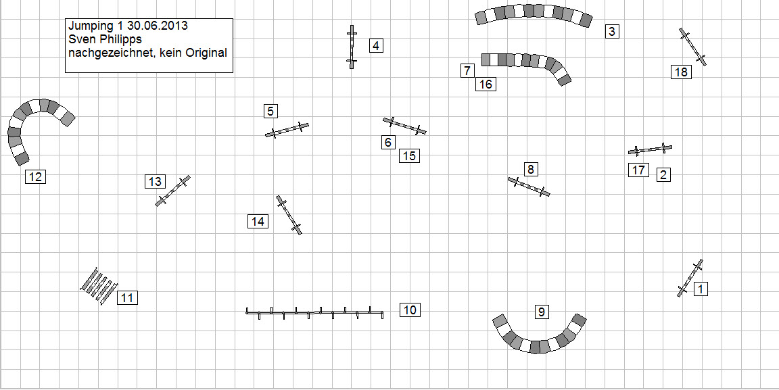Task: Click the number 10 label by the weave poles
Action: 410,310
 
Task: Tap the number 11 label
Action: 128,298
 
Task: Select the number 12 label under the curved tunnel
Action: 35,176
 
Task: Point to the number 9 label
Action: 542,312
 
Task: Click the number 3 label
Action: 612,31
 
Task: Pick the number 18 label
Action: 681,72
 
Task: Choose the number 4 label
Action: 376,46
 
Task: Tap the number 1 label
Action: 701,289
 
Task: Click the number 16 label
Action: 486,84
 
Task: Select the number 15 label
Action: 409,156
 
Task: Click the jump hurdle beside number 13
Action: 173,191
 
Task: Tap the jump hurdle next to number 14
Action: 289,215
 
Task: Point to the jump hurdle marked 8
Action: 529,187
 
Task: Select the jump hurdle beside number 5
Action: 287,130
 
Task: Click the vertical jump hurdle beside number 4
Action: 352,47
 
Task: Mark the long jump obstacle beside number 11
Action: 99,286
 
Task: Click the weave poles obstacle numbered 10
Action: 315,313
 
